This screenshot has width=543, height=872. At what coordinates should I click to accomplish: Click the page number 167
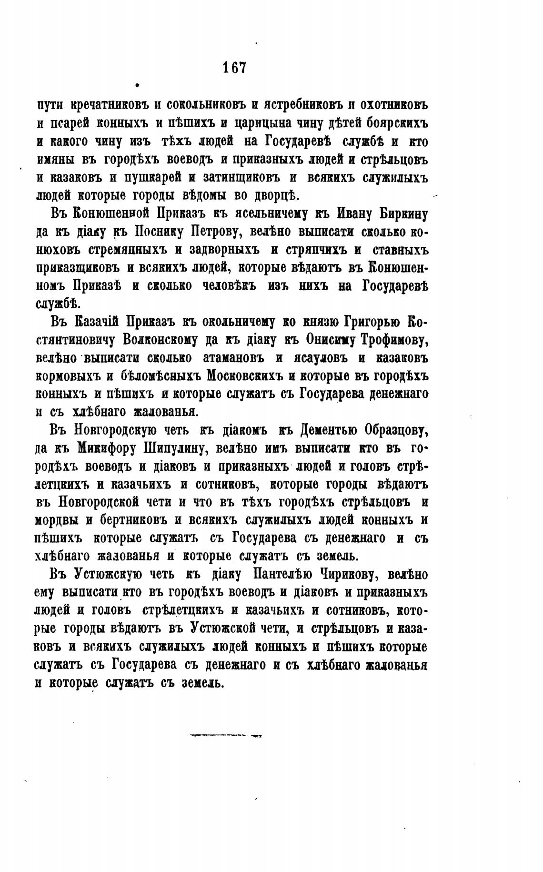[234, 67]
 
